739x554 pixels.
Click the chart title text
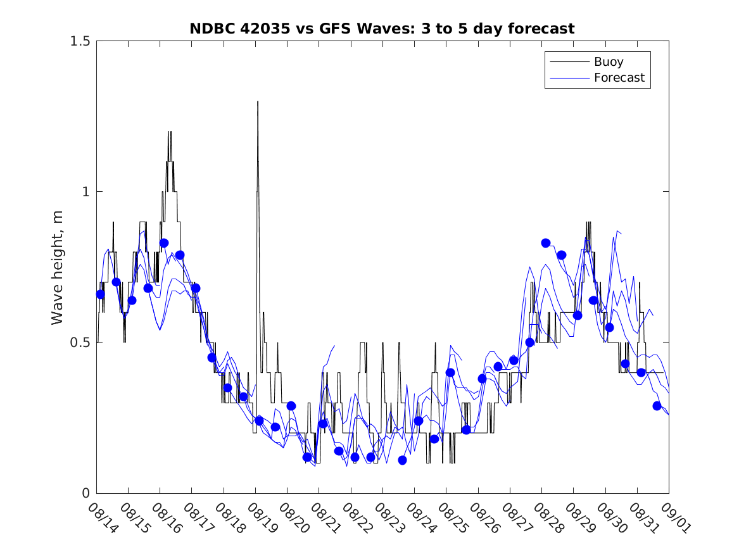coord(382,28)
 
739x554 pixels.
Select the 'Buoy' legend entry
coord(608,62)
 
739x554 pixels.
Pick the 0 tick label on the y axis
coord(85,493)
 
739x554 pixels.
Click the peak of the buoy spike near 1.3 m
coord(258,101)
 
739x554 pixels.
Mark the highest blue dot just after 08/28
coord(545,243)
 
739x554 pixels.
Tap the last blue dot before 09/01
coord(657,406)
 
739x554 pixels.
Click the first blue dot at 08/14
coord(100,294)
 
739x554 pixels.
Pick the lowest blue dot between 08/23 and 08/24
coord(402,460)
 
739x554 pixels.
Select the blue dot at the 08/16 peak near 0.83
coord(163,243)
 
